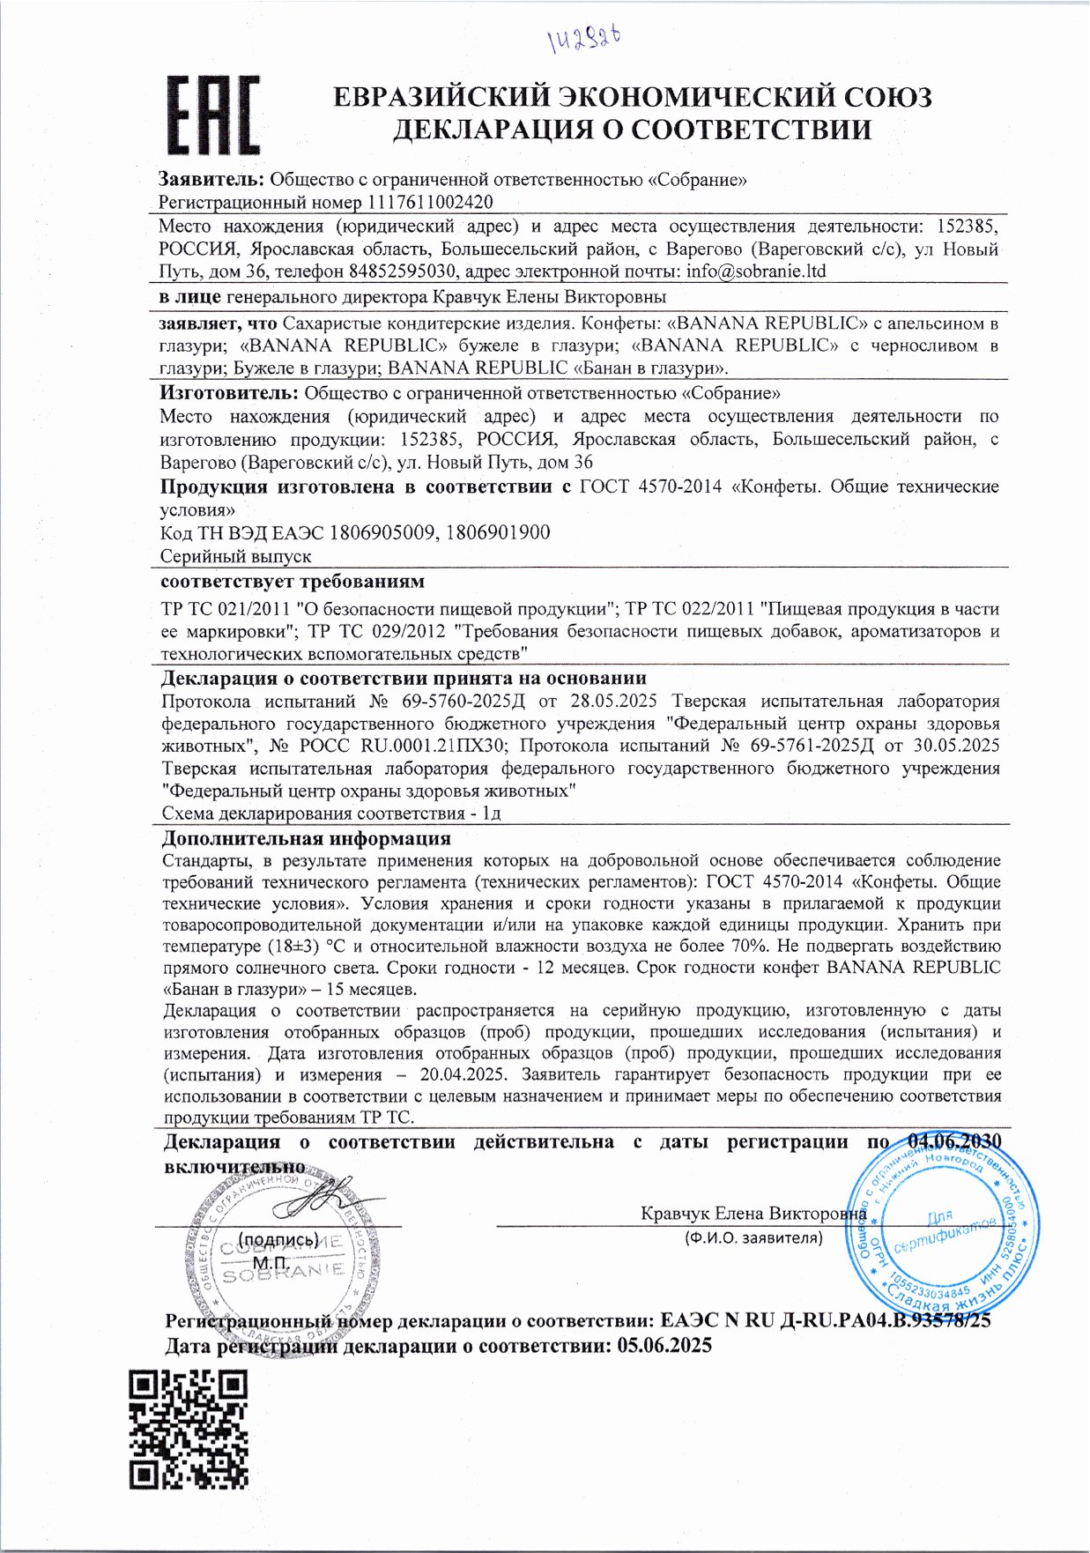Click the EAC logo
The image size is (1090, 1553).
click(x=213, y=114)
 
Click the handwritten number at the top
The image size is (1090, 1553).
click(x=583, y=38)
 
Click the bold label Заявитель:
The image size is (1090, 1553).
click(x=211, y=180)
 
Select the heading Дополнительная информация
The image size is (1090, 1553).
click(x=306, y=838)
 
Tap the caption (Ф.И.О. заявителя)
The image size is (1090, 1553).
click(x=753, y=1238)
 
